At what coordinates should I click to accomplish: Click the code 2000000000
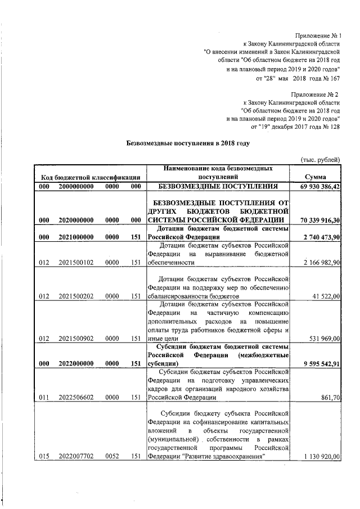click(76, 186)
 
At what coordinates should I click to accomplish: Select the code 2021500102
click(76, 263)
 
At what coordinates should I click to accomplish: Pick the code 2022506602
click(76, 398)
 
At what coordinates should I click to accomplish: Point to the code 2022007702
click(76, 457)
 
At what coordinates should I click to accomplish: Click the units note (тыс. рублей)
click(321, 159)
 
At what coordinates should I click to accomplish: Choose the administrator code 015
click(44, 457)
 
